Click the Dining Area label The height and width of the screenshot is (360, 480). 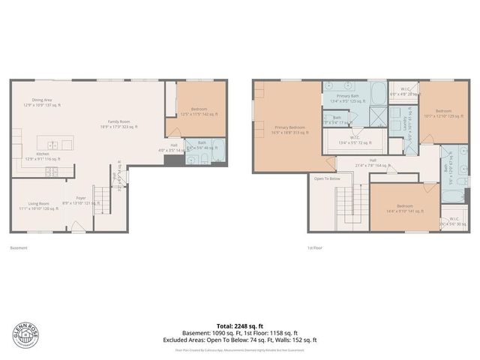[42, 102]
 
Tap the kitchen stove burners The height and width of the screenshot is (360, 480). [52, 171]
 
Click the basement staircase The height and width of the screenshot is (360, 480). [100, 200]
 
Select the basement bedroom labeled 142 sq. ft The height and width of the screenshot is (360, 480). [199, 112]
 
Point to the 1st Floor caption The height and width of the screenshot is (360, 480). [314, 247]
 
